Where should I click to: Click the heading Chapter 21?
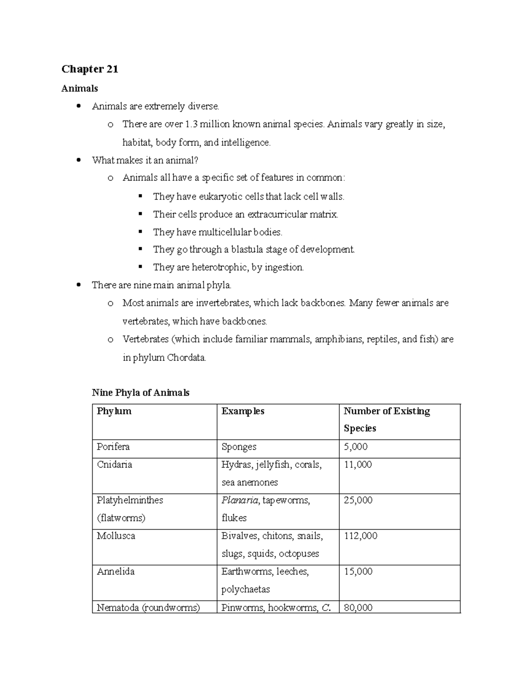90,69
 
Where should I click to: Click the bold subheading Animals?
80,88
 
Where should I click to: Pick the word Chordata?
187,358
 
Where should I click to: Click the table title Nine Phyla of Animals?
141,393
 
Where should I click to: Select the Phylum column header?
114,411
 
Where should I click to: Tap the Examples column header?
243,411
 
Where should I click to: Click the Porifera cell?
113,447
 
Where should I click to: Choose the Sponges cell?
239,447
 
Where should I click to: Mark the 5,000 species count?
355,447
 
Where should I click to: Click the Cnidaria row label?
114,465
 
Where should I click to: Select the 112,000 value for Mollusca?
361,536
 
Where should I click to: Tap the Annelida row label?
116,572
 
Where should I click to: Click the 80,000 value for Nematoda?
358,608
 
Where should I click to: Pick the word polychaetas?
245,590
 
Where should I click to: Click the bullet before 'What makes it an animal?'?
79,160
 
